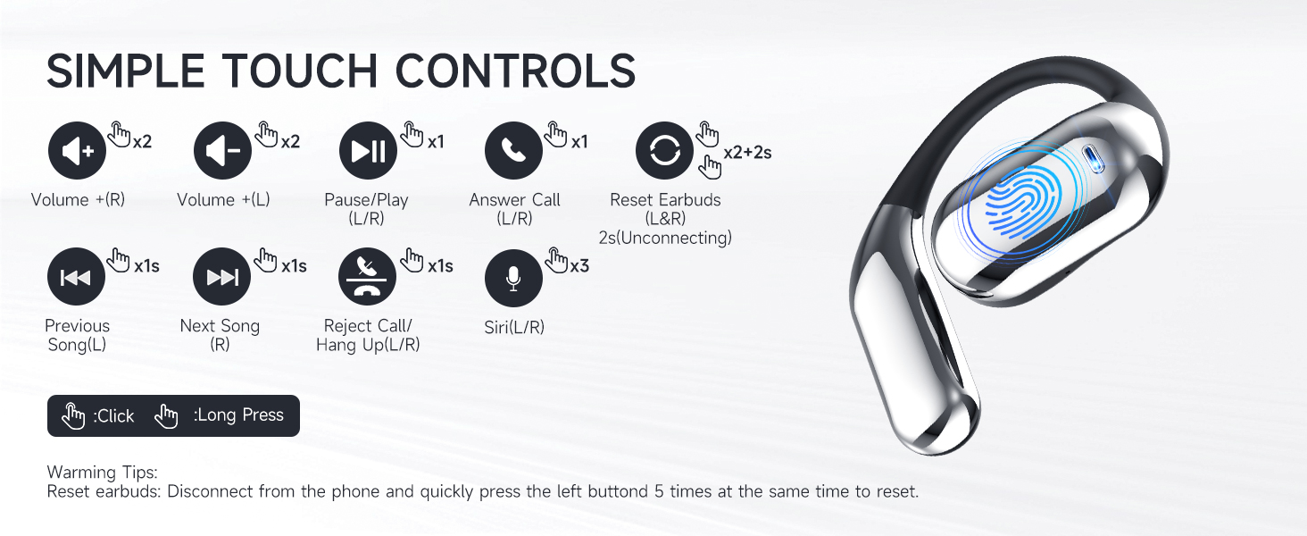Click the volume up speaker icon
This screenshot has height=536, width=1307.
point(77,151)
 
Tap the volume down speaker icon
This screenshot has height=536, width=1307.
point(223,151)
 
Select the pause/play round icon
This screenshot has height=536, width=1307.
point(368,151)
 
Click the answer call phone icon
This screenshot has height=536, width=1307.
point(513,151)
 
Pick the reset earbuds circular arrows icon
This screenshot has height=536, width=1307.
point(664,151)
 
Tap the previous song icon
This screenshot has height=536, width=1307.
point(76,277)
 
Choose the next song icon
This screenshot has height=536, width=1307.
point(222,277)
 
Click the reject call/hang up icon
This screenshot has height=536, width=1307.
point(368,277)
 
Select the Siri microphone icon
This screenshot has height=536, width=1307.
point(513,277)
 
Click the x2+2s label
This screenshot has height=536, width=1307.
point(747,153)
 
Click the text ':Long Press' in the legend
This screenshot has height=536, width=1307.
point(238,415)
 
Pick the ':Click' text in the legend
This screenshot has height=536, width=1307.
point(113,416)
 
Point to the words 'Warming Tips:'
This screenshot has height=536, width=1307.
point(102,473)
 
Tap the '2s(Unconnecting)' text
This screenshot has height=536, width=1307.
point(665,238)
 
